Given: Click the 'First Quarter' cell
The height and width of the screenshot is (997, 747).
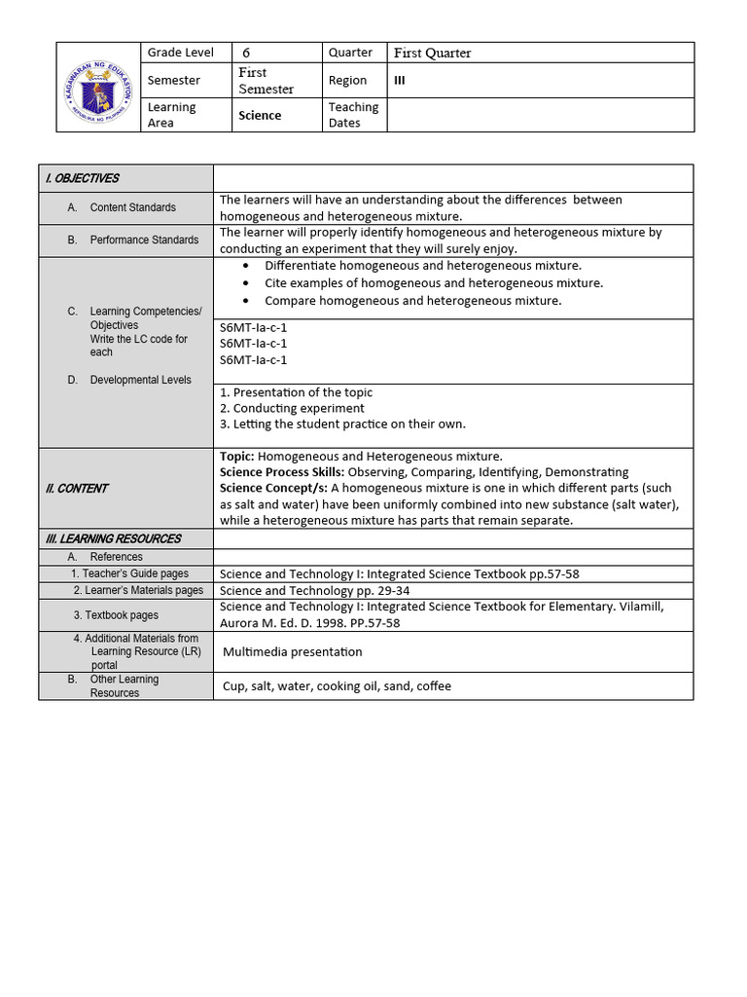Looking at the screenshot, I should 433,53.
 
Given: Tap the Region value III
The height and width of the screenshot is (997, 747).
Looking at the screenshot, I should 399,81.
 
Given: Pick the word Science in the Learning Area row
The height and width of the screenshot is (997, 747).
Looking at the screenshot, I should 260,115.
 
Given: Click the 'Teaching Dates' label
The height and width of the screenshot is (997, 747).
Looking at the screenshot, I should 353,115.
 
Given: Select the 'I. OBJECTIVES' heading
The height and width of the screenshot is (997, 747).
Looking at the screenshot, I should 83,178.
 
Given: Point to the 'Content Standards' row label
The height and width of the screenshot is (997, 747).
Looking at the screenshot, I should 132,207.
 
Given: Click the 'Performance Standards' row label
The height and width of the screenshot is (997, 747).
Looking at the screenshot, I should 144,240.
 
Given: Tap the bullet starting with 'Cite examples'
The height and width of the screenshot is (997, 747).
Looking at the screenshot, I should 433,283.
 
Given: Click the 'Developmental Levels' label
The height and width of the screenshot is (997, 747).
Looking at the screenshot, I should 140,380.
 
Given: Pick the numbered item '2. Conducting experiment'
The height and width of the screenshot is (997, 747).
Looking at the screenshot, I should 292,409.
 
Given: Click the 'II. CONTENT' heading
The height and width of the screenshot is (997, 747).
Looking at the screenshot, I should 77,489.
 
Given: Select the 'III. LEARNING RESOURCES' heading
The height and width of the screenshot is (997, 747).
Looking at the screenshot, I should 114,538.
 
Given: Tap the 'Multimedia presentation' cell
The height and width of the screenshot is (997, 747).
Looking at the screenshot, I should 292,652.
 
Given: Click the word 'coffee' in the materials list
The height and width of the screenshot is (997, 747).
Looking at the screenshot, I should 434,686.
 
